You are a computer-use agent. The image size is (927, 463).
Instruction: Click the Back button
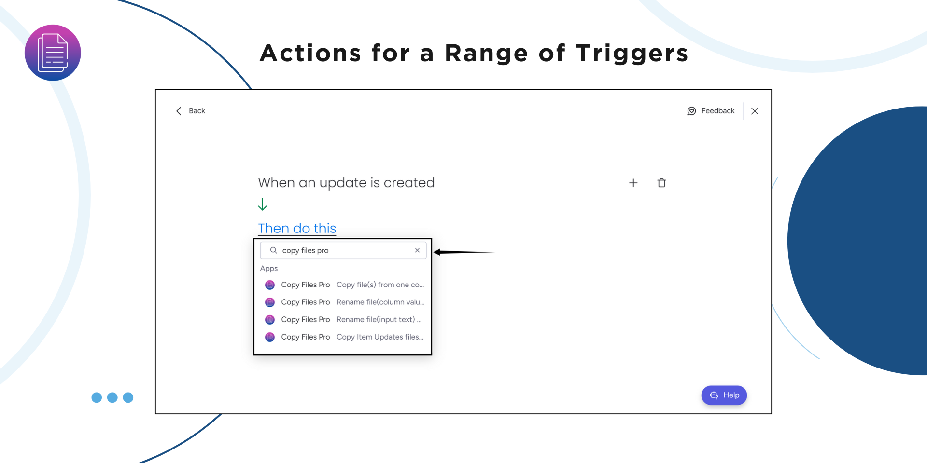(191, 111)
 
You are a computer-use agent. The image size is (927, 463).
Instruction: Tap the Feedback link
(711, 111)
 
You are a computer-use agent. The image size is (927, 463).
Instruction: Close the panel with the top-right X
(755, 111)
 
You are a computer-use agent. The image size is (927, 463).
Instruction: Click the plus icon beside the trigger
(633, 183)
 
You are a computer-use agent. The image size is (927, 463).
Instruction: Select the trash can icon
(661, 183)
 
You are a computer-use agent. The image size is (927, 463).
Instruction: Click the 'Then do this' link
(297, 228)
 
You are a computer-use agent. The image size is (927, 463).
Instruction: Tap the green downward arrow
(262, 204)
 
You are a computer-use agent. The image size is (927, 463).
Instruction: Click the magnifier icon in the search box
(273, 250)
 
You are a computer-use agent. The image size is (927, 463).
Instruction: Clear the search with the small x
(417, 250)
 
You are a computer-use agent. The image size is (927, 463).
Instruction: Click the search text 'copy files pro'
(305, 250)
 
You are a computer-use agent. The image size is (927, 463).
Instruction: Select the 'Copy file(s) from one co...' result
(345, 285)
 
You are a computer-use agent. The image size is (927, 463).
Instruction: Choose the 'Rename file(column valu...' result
(345, 302)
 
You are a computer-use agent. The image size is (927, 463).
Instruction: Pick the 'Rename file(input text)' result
(345, 319)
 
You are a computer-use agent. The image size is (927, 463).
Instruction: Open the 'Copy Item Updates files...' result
(345, 337)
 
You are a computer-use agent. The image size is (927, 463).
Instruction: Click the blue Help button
(724, 395)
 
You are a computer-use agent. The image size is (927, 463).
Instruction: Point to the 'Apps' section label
(269, 268)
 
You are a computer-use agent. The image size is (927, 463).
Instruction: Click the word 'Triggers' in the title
(632, 54)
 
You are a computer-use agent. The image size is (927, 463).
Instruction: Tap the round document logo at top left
(53, 53)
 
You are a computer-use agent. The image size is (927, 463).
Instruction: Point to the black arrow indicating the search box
(464, 252)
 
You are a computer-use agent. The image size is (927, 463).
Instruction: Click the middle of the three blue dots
(112, 397)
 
